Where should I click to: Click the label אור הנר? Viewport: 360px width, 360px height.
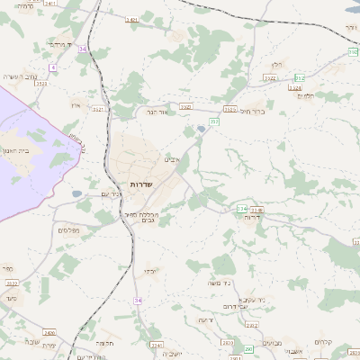point(157,112)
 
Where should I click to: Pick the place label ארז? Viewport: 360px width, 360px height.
point(75,105)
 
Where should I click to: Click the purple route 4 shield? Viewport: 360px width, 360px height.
point(53,67)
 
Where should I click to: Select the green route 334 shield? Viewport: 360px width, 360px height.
point(241,209)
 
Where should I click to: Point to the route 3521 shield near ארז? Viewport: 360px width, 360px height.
point(98,109)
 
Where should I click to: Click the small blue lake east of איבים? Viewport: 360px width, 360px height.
point(201,130)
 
